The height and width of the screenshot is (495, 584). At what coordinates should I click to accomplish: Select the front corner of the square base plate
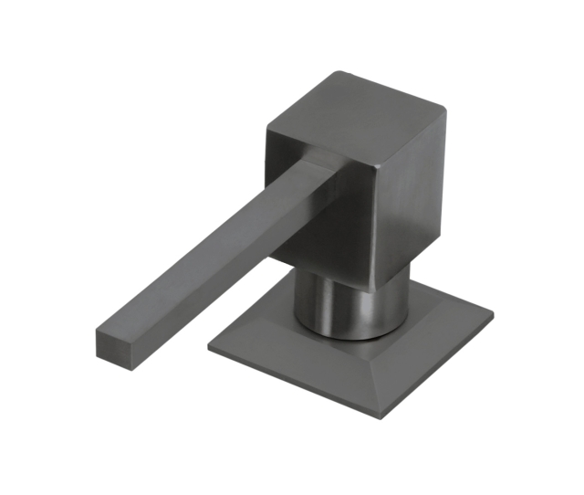(384, 416)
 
